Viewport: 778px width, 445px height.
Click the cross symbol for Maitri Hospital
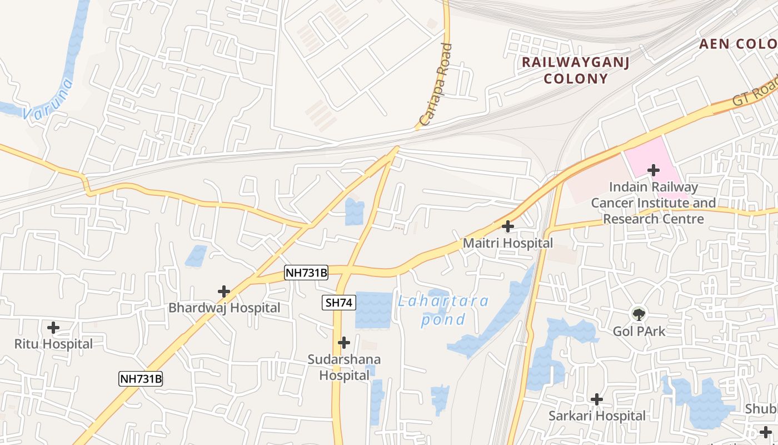click(x=507, y=226)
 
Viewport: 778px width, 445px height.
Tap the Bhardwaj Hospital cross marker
click(x=224, y=291)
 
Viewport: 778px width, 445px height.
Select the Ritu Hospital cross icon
click(x=53, y=328)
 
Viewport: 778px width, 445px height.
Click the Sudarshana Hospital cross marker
click(x=344, y=342)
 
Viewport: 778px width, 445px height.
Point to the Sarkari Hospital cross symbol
click(x=597, y=399)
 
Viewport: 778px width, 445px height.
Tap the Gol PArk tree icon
click(x=639, y=314)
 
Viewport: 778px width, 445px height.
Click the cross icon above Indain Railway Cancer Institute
click(x=654, y=170)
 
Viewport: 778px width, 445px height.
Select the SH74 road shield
click(x=339, y=303)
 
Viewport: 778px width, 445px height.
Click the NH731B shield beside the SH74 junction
click(x=306, y=273)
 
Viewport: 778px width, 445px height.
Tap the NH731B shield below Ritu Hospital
click(x=141, y=379)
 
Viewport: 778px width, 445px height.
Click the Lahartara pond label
click(x=443, y=310)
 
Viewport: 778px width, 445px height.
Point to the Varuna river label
click(x=49, y=100)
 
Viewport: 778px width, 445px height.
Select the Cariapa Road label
click(x=436, y=85)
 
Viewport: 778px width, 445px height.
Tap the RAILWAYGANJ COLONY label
click(x=575, y=70)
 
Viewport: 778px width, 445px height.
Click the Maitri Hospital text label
click(x=508, y=243)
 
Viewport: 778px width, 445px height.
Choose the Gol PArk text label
click(x=639, y=331)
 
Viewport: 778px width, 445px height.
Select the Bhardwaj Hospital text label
click(x=225, y=308)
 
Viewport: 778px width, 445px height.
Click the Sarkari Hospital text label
click(x=597, y=416)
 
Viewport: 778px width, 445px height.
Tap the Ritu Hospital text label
click(x=53, y=344)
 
